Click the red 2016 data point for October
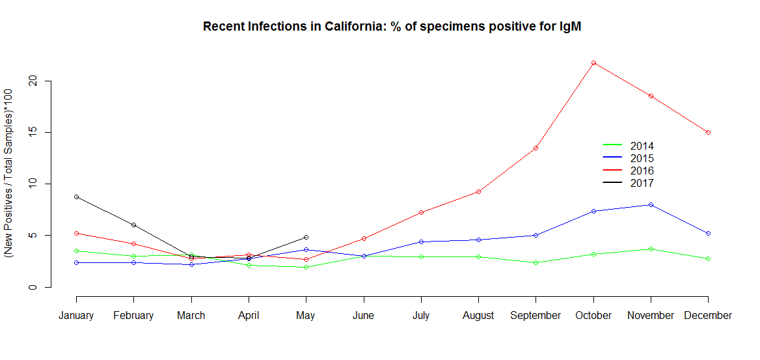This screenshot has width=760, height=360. [x=593, y=62]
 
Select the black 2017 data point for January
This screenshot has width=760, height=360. [x=76, y=197]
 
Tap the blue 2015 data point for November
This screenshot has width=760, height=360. [x=651, y=204]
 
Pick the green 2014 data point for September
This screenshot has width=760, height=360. [x=536, y=262]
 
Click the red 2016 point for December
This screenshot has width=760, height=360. [x=708, y=132]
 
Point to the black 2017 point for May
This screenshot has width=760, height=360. [x=306, y=237]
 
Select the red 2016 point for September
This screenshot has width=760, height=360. [x=536, y=148]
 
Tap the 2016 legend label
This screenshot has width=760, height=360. [x=642, y=171]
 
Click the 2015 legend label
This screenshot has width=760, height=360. [x=642, y=158]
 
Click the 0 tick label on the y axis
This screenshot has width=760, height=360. [x=33, y=287]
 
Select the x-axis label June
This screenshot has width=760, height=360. [x=363, y=316]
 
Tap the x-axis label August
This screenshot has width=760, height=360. [x=478, y=316]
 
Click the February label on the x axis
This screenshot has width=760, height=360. [x=133, y=316]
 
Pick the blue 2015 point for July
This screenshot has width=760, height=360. [x=421, y=242]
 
